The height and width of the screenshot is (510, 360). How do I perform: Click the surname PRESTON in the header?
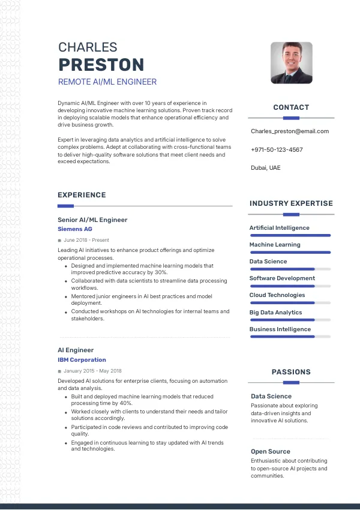[x=101, y=65]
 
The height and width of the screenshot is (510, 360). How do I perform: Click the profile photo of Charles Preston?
[x=292, y=62]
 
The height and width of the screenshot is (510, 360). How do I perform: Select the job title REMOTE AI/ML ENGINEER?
[x=107, y=82]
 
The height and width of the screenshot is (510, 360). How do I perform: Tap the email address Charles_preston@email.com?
[x=290, y=131]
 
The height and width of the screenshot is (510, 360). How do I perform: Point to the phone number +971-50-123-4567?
[x=277, y=149]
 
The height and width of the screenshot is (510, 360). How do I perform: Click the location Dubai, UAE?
[x=265, y=168]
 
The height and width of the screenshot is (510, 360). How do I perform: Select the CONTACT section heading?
[x=291, y=107]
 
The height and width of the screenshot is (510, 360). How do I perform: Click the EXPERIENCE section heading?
[x=82, y=195]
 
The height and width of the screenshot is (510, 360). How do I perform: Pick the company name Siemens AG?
[x=75, y=229]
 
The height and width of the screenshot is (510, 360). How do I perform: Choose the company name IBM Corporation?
[x=82, y=360]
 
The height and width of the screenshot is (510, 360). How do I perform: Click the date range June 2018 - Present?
[x=86, y=240]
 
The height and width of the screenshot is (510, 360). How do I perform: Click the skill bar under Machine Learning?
[x=290, y=253]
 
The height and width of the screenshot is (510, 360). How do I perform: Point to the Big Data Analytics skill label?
[x=275, y=312]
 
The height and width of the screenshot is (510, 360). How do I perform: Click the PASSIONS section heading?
[x=291, y=372]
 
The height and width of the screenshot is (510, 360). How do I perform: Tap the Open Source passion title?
[x=270, y=451]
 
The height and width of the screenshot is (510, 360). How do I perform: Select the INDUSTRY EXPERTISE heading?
[x=291, y=203]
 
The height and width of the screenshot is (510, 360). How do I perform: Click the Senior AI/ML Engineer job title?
[x=92, y=220]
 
